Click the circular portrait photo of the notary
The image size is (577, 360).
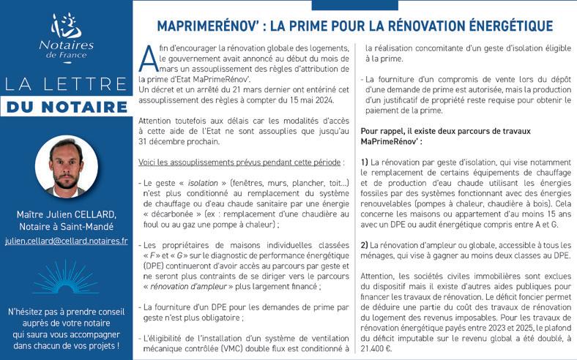pos(66,168)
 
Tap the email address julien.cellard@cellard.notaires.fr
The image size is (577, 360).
pos(66,240)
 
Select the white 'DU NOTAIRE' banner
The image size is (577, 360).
pos(67,108)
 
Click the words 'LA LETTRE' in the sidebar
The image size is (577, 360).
pos(66,82)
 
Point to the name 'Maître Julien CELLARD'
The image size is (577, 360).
pos(66,214)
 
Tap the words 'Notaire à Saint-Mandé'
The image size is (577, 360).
pos(66,227)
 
